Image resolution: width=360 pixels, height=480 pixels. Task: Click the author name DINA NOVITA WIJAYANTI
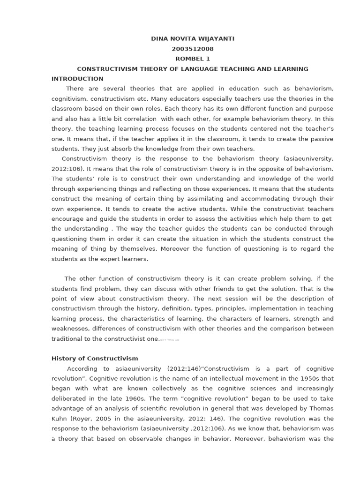193,39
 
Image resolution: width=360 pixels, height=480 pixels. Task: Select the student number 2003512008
193,49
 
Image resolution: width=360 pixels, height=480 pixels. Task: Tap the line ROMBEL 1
193,59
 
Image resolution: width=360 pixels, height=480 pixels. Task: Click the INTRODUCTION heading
77,79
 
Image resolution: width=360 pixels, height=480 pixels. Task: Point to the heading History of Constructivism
95,359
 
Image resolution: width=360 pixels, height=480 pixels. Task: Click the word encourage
68,219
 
